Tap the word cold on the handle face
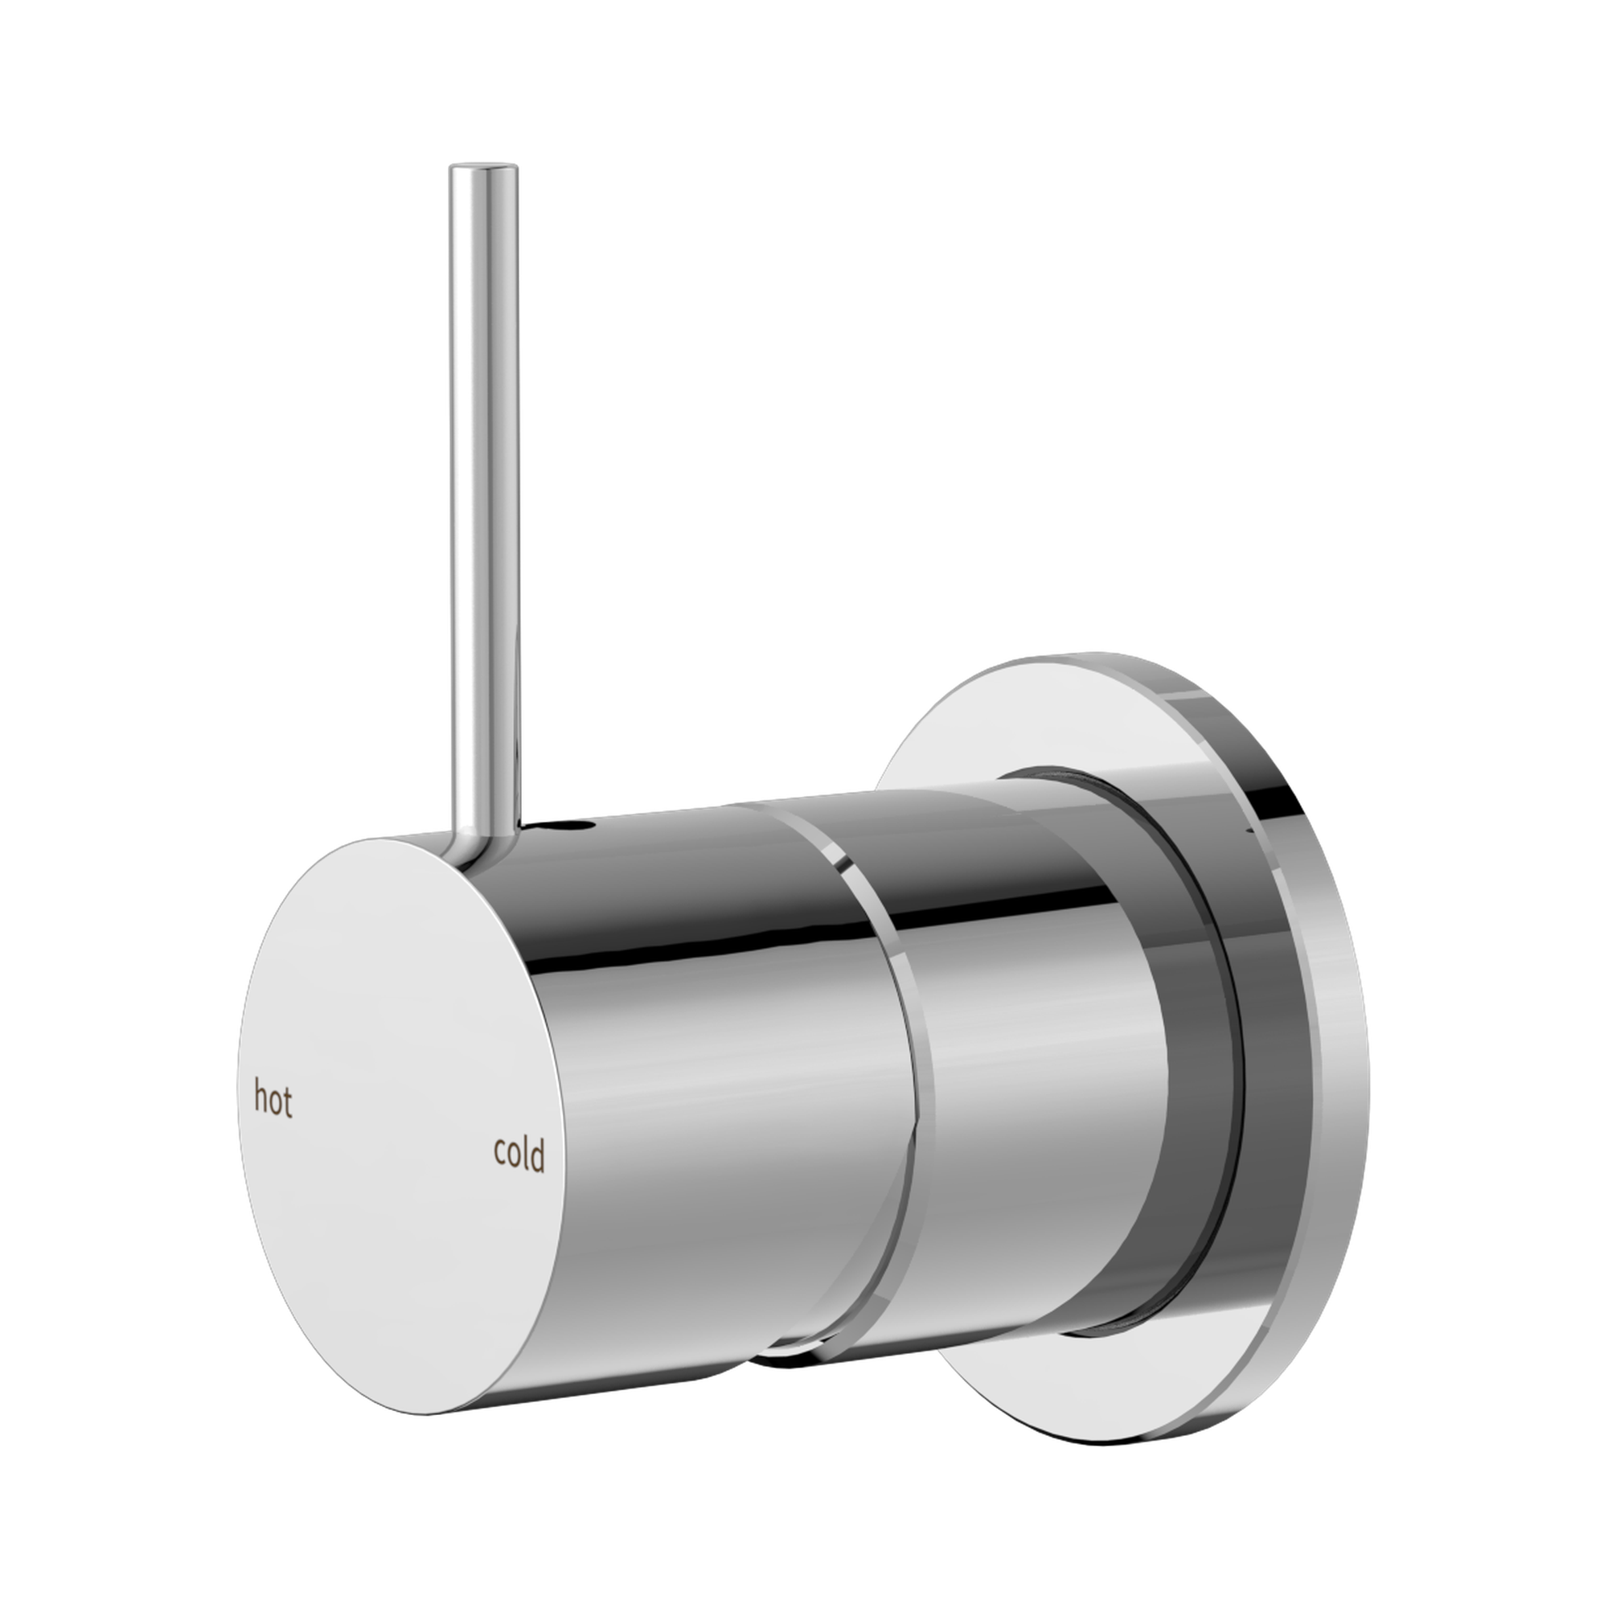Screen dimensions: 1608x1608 click(519, 1155)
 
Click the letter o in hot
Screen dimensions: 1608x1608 click(274, 1104)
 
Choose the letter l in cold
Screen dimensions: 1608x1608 click(527, 1153)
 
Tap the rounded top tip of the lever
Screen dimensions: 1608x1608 click(482, 169)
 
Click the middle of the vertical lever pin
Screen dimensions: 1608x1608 click(482, 499)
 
